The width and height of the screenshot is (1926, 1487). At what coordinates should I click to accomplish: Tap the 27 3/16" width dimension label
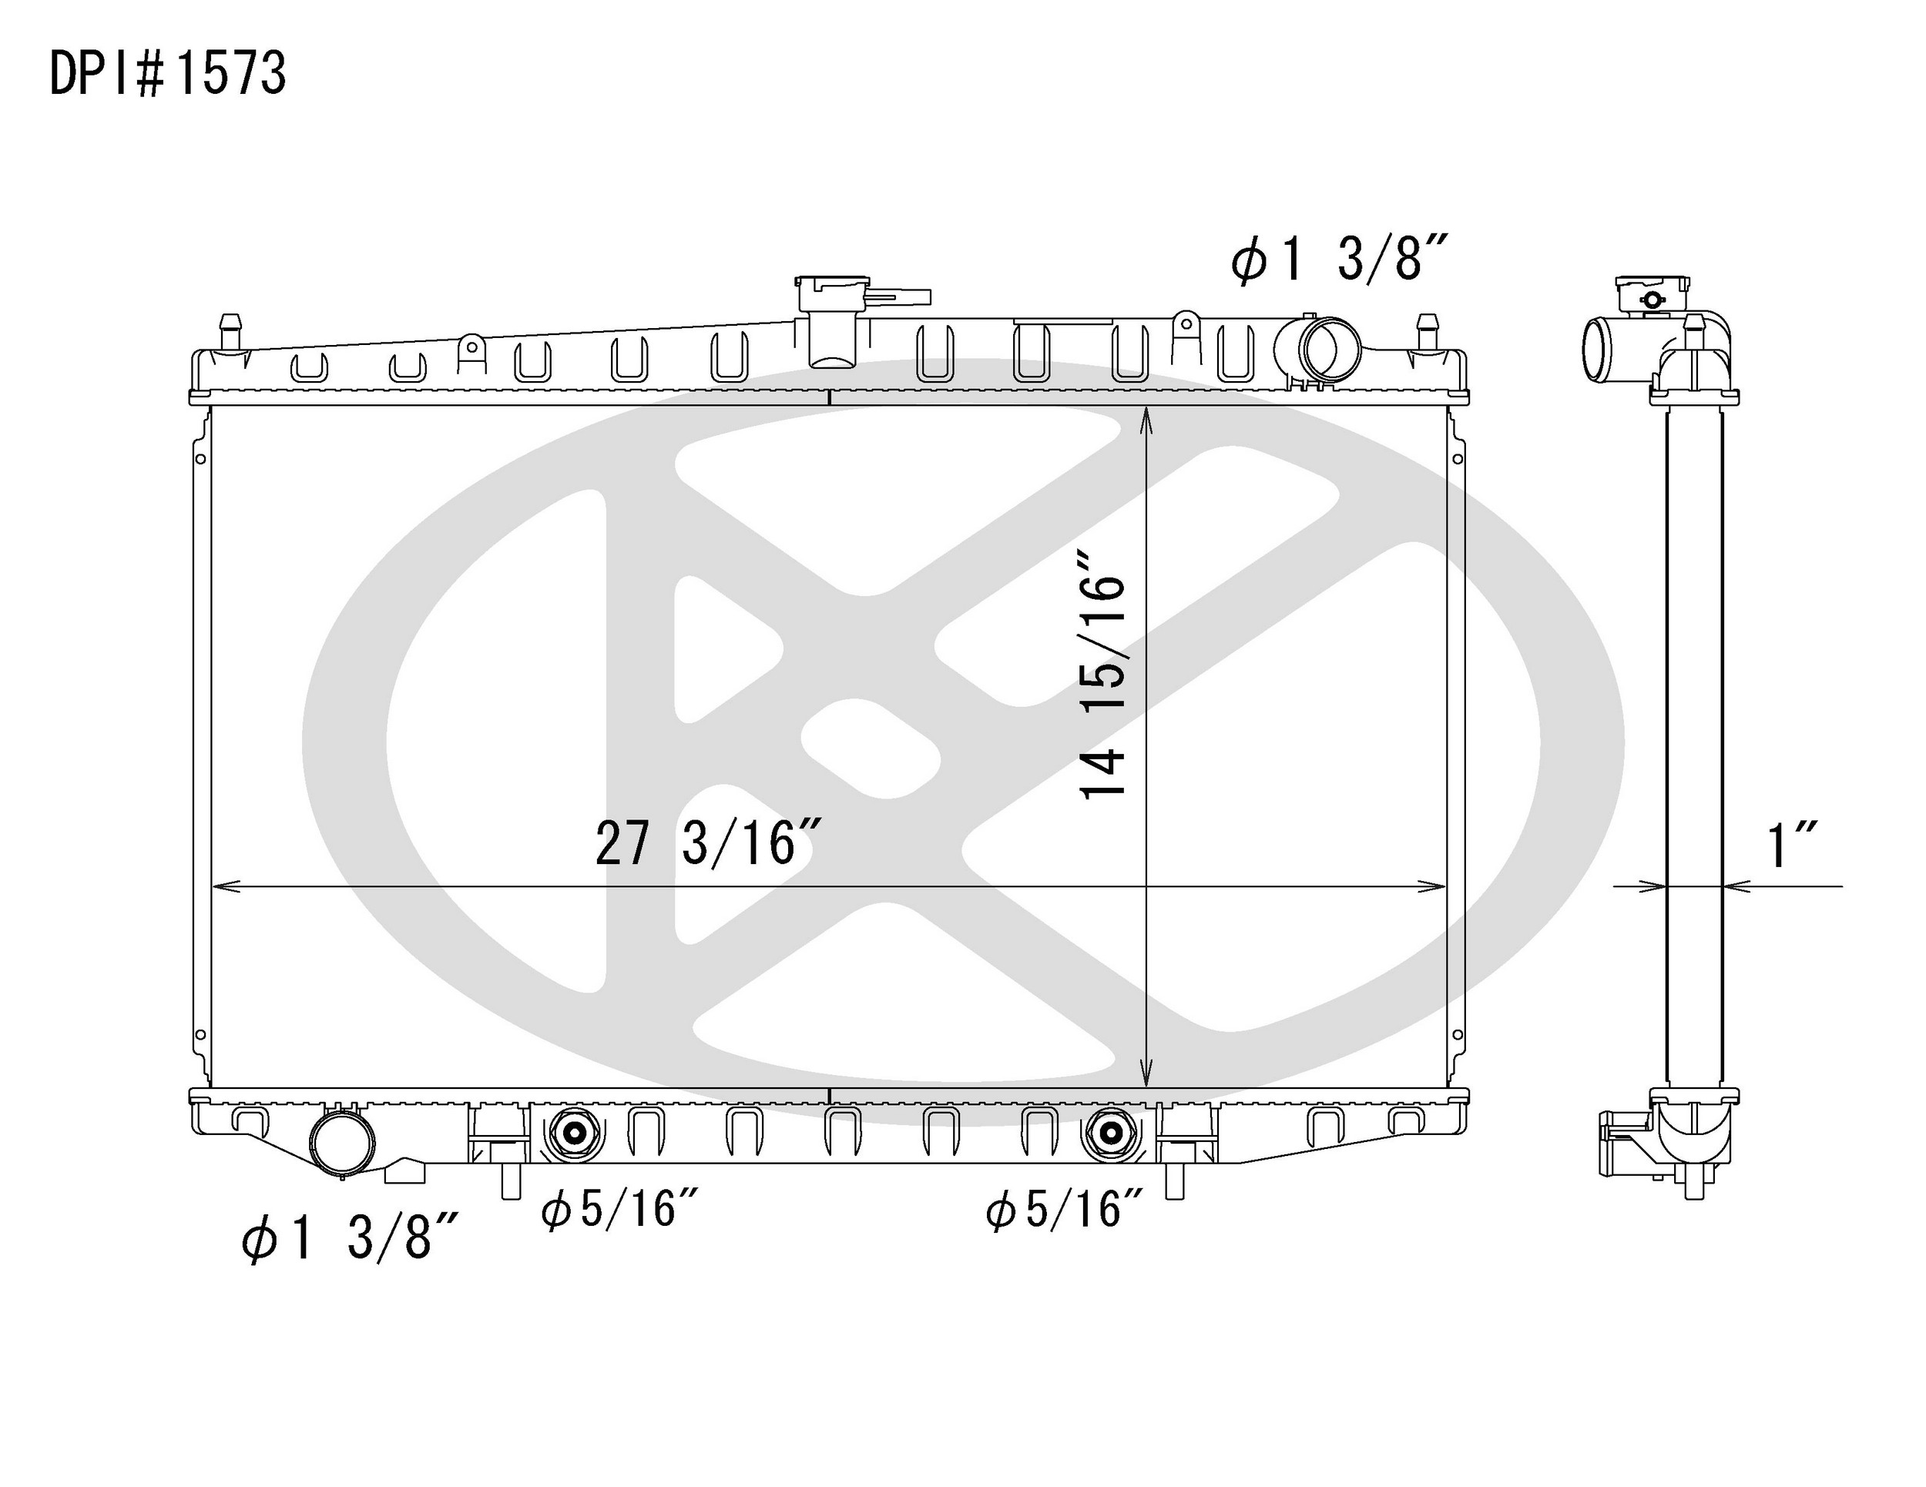(709, 842)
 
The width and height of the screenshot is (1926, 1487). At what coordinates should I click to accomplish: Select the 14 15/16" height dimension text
(1103, 675)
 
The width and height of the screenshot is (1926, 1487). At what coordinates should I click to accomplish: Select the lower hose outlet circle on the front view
(342, 1141)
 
